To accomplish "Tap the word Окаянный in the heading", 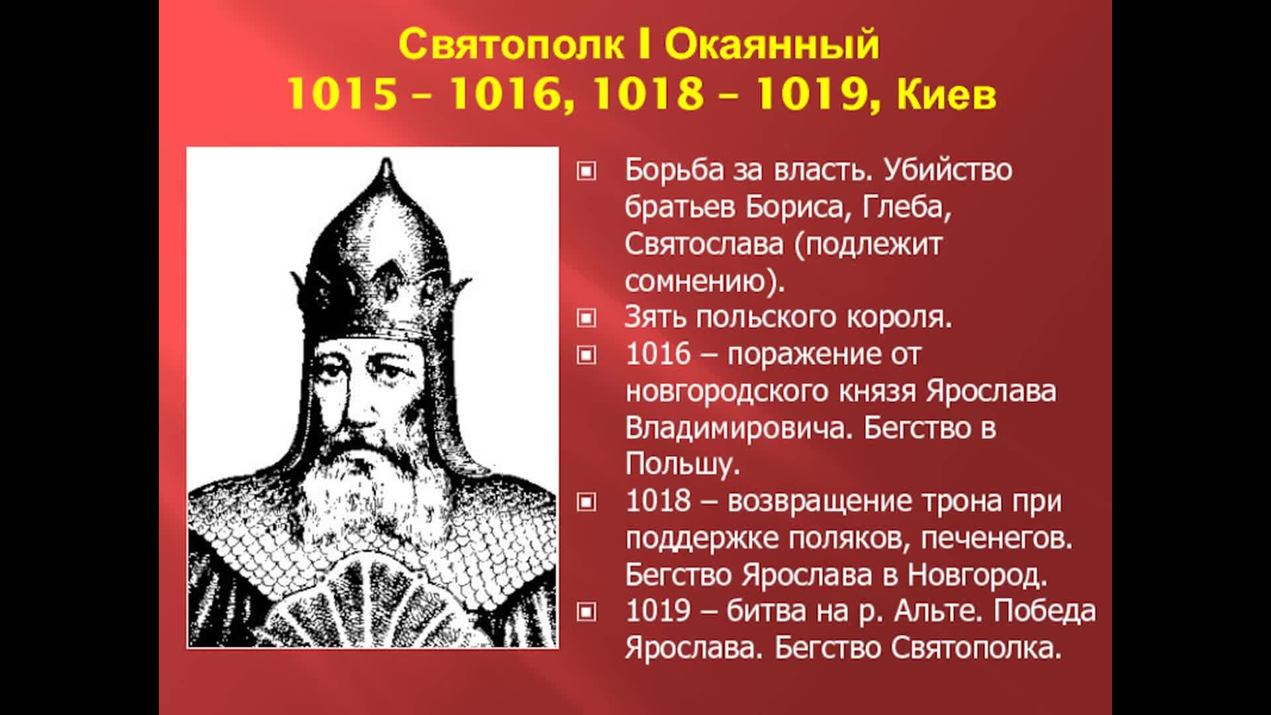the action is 773,45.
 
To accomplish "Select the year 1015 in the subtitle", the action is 343,95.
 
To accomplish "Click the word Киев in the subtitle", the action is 947,95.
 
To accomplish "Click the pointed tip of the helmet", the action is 384,160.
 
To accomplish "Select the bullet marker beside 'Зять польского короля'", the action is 586,318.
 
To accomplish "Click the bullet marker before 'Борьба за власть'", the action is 586,171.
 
